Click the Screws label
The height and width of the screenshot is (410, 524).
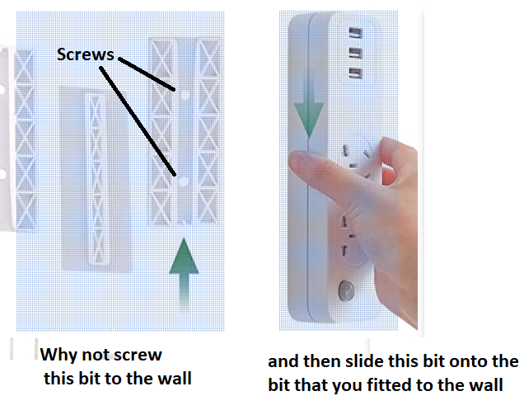click(85, 54)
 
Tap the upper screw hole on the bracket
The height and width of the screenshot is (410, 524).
click(185, 96)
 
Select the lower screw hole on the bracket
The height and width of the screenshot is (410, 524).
click(183, 181)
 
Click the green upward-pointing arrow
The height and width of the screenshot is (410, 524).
click(184, 271)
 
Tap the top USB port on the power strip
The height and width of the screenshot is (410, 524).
click(356, 33)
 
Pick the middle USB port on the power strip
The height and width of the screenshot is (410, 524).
click(356, 54)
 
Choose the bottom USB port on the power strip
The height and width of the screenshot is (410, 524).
click(356, 73)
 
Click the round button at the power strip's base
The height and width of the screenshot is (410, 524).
click(347, 290)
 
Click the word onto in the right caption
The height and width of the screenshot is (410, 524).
click(472, 362)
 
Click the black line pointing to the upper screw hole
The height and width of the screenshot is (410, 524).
click(147, 74)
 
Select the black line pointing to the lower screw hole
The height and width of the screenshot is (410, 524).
click(138, 121)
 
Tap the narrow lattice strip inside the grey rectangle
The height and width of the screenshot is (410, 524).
click(96, 179)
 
